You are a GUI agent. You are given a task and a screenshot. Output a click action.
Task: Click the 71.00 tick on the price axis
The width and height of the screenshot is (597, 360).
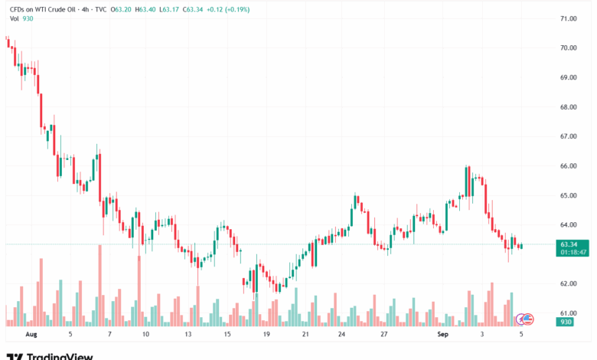click(x=569, y=18)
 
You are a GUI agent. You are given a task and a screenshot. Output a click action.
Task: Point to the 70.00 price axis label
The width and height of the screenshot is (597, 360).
click(x=569, y=47)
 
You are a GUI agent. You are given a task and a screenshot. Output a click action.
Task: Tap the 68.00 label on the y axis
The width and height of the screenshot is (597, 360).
click(x=569, y=107)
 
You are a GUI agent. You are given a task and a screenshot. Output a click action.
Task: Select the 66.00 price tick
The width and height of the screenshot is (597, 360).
click(x=569, y=166)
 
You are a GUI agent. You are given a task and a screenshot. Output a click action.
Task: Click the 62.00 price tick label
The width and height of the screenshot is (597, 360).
click(x=569, y=284)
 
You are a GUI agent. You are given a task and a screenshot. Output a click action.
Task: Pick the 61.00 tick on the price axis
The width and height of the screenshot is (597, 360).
click(x=569, y=313)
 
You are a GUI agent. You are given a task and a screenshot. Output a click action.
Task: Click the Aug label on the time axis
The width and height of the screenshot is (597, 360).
click(x=31, y=334)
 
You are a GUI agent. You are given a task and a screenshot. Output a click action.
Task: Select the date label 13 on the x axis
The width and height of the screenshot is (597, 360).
click(x=188, y=334)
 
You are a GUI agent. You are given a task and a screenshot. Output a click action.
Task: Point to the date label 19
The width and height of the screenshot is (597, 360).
click(x=267, y=334)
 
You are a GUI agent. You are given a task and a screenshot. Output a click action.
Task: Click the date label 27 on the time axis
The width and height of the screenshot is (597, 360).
click(x=384, y=334)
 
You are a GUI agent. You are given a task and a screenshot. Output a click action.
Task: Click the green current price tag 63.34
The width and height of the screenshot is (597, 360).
click(x=568, y=244)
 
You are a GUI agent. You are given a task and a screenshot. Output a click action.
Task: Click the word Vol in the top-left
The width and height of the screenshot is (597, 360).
click(x=15, y=18)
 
